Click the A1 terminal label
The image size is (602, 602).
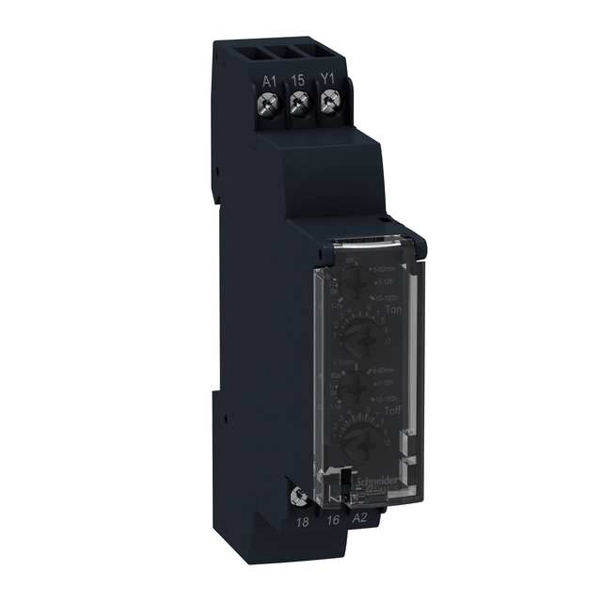coord(267,82)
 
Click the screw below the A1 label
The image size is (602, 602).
coord(268,111)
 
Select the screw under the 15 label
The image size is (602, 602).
coord(296,114)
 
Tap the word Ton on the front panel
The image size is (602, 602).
coord(381,308)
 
